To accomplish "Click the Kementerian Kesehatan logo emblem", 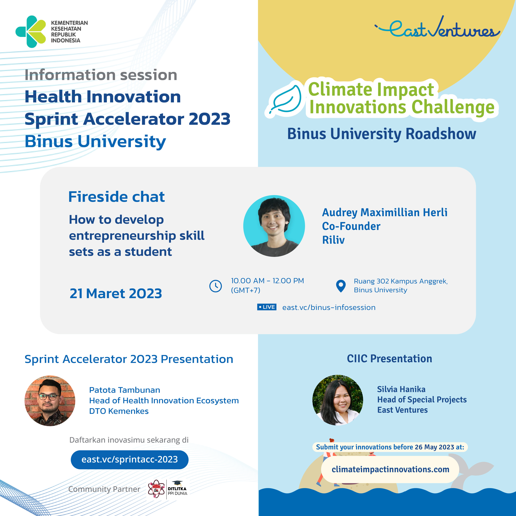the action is click(31, 31).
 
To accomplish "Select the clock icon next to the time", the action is click(216, 286).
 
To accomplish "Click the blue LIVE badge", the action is click(267, 307).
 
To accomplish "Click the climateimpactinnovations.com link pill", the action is click(390, 469).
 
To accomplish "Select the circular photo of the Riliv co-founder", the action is click(274, 226).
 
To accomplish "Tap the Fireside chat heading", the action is click(116, 197).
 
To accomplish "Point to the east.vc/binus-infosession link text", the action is click(329, 307).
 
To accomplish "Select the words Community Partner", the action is click(104, 489).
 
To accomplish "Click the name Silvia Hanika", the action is click(401, 389).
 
